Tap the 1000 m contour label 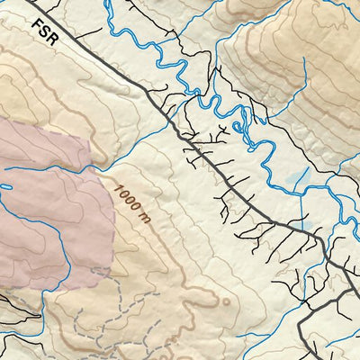point(130,202)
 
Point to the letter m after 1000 point(142,216)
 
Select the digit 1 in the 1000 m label point(119,187)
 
